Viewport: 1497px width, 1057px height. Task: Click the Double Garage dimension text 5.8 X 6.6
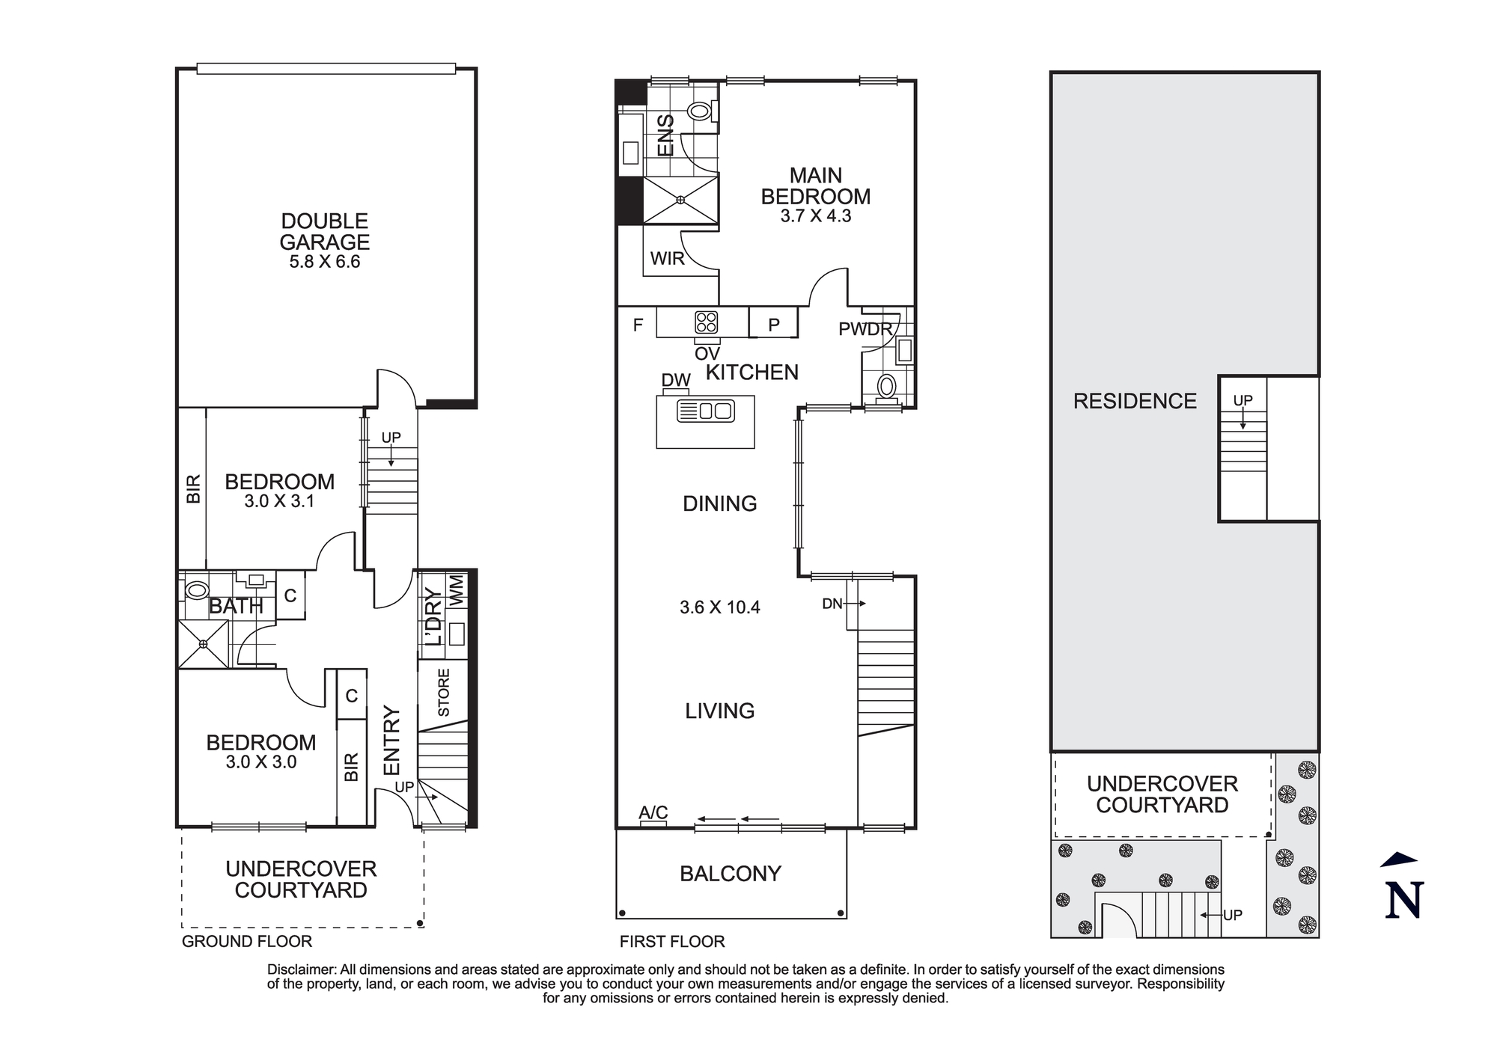click(x=325, y=262)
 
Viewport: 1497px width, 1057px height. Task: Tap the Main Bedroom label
click(x=816, y=186)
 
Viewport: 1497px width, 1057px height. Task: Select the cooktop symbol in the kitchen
click(x=707, y=322)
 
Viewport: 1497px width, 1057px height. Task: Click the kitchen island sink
click(x=706, y=411)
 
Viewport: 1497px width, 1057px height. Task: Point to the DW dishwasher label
click(x=676, y=380)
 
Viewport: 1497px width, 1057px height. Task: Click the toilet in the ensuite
click(x=700, y=111)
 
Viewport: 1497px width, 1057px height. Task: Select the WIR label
click(x=668, y=259)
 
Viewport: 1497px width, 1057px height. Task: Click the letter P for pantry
click(x=774, y=325)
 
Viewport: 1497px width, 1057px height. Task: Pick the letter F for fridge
click(x=638, y=325)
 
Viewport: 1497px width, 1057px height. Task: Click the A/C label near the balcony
click(x=653, y=812)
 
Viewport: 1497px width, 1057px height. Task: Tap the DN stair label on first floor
click(x=832, y=604)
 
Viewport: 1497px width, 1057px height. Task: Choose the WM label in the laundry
click(x=457, y=590)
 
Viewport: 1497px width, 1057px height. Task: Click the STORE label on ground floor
click(x=444, y=693)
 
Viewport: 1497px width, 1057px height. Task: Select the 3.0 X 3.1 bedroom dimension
click(x=279, y=501)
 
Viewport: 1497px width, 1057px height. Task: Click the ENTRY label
click(x=392, y=741)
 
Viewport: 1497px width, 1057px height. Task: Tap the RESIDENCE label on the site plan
click(x=1135, y=402)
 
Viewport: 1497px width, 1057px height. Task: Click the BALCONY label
click(x=731, y=874)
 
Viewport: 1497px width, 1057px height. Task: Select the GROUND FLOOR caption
click(x=247, y=942)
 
